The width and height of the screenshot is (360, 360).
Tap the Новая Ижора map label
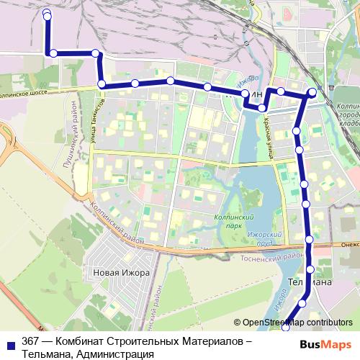(121, 273)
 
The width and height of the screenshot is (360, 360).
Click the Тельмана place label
(310, 282)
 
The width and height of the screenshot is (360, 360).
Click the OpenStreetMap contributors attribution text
(298, 322)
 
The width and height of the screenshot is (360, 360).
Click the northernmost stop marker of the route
(47, 14)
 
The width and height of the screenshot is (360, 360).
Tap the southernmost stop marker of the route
(286, 328)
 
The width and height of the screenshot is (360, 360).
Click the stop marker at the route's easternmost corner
(312, 92)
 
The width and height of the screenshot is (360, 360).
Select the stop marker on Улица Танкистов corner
(102, 85)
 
